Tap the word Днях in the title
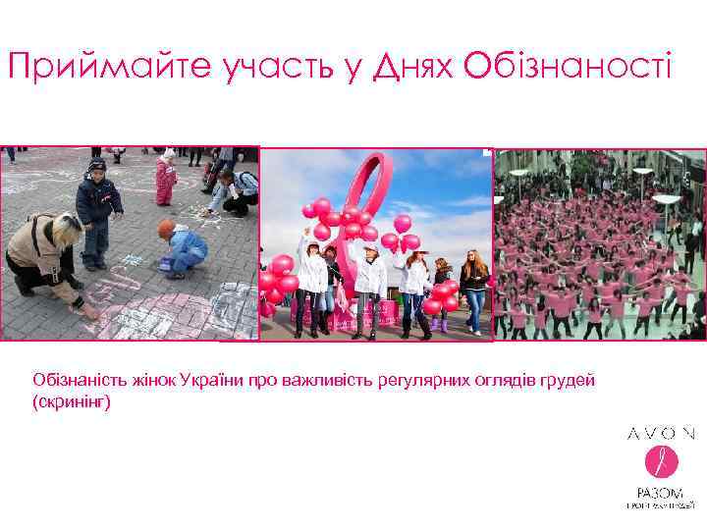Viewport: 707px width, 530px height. (x=407, y=67)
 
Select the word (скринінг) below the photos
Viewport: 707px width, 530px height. (x=72, y=401)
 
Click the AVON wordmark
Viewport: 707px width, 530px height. (x=662, y=433)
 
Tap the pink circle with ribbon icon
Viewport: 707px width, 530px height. (x=661, y=461)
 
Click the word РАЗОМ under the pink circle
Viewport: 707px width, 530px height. (x=661, y=492)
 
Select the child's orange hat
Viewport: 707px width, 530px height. (x=166, y=229)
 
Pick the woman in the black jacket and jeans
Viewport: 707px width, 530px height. (x=475, y=290)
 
